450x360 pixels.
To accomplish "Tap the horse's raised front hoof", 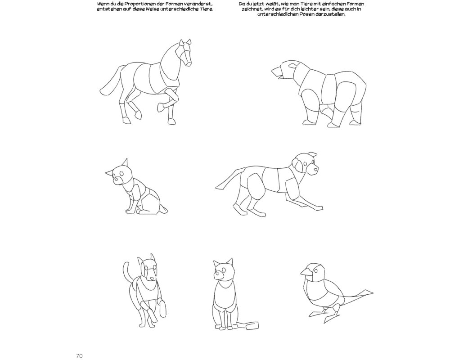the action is [x=161, y=108].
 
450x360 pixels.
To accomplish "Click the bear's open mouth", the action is [x=276, y=73].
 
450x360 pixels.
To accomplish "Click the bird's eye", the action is [x=316, y=270].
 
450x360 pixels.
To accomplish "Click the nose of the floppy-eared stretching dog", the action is [x=316, y=170].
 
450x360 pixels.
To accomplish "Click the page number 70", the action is [x=79, y=356].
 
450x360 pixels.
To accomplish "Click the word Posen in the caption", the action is [x=314, y=14].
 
